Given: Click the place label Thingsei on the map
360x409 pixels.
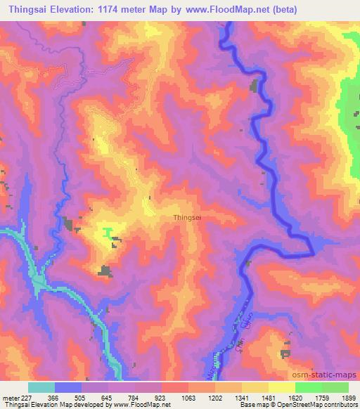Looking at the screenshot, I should pos(188,218).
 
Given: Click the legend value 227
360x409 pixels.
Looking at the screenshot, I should pos(27,398).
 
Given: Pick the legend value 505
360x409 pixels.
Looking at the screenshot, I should pos(82,398).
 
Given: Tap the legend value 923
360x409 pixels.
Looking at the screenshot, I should pos(161,398).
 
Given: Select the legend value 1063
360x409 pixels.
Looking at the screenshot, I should pos(188,398).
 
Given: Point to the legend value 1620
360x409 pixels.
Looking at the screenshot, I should pos(295,398).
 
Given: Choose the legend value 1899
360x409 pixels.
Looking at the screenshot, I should pos(348,398).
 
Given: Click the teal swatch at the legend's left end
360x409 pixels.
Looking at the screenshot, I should pos(41,387).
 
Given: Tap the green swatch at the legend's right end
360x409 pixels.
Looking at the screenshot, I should pos(335,387).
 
